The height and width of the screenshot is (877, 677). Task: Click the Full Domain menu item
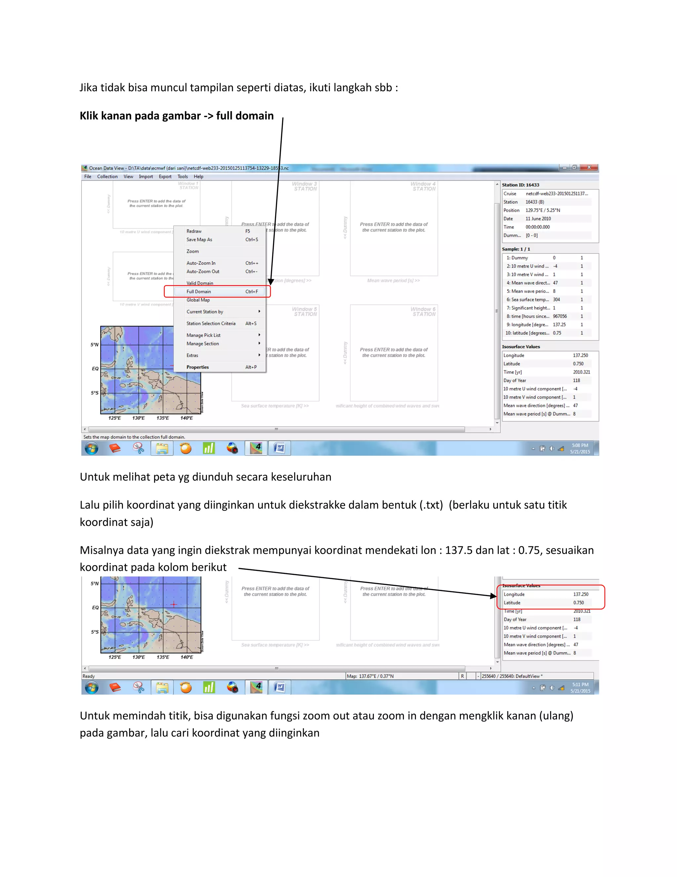(199, 292)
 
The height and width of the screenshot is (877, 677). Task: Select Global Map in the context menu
(198, 300)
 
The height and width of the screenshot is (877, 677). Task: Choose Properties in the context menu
(198, 367)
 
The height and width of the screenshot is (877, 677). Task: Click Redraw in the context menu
(194, 231)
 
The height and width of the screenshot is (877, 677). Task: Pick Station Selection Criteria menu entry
(211, 323)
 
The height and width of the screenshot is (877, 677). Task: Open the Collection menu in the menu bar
(107, 177)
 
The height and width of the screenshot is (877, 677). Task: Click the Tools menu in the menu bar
(182, 177)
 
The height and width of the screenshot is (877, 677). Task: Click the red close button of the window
(589, 167)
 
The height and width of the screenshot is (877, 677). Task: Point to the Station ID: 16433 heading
(521, 185)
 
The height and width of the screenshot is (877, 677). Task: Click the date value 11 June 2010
(538, 219)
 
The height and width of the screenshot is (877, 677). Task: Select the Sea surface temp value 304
(556, 300)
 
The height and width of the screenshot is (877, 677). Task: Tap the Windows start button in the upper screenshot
(92, 448)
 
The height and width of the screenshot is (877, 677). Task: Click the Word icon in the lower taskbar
(280, 687)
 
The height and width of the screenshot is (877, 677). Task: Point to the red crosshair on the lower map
(174, 604)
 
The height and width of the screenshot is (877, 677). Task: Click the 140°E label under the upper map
(186, 418)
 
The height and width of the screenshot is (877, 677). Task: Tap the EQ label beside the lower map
(95, 608)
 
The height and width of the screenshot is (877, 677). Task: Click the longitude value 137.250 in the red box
(580, 594)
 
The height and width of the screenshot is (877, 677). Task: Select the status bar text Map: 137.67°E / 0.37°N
(370, 676)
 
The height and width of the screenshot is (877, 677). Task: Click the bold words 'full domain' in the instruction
(245, 116)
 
